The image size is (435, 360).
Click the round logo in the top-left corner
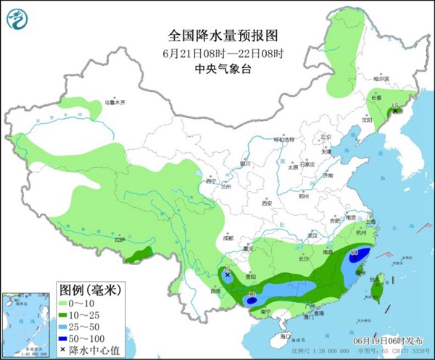point(16,17)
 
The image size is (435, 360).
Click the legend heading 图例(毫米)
point(89,289)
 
